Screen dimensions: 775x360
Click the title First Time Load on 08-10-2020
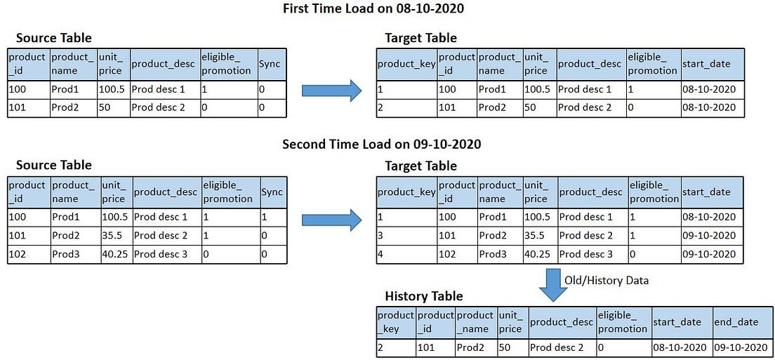coord(373,8)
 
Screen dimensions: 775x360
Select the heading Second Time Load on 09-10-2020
coord(382,144)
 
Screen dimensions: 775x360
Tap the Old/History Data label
coord(606,280)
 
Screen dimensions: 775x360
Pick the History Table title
coord(423,296)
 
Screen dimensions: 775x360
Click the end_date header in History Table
coord(736,322)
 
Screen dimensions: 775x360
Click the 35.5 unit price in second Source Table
coord(112,236)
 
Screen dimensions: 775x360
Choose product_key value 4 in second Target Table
coord(380,254)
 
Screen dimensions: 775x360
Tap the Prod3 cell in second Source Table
coord(65,254)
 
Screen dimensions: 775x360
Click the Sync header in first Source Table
coord(269,64)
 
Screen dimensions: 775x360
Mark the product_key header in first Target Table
coord(406,64)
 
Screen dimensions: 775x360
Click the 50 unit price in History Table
coord(504,347)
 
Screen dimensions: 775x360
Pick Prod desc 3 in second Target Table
coord(585,254)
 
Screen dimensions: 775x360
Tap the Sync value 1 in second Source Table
coord(264,217)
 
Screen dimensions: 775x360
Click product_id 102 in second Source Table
coord(17,254)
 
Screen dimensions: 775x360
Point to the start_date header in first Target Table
coord(706,64)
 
